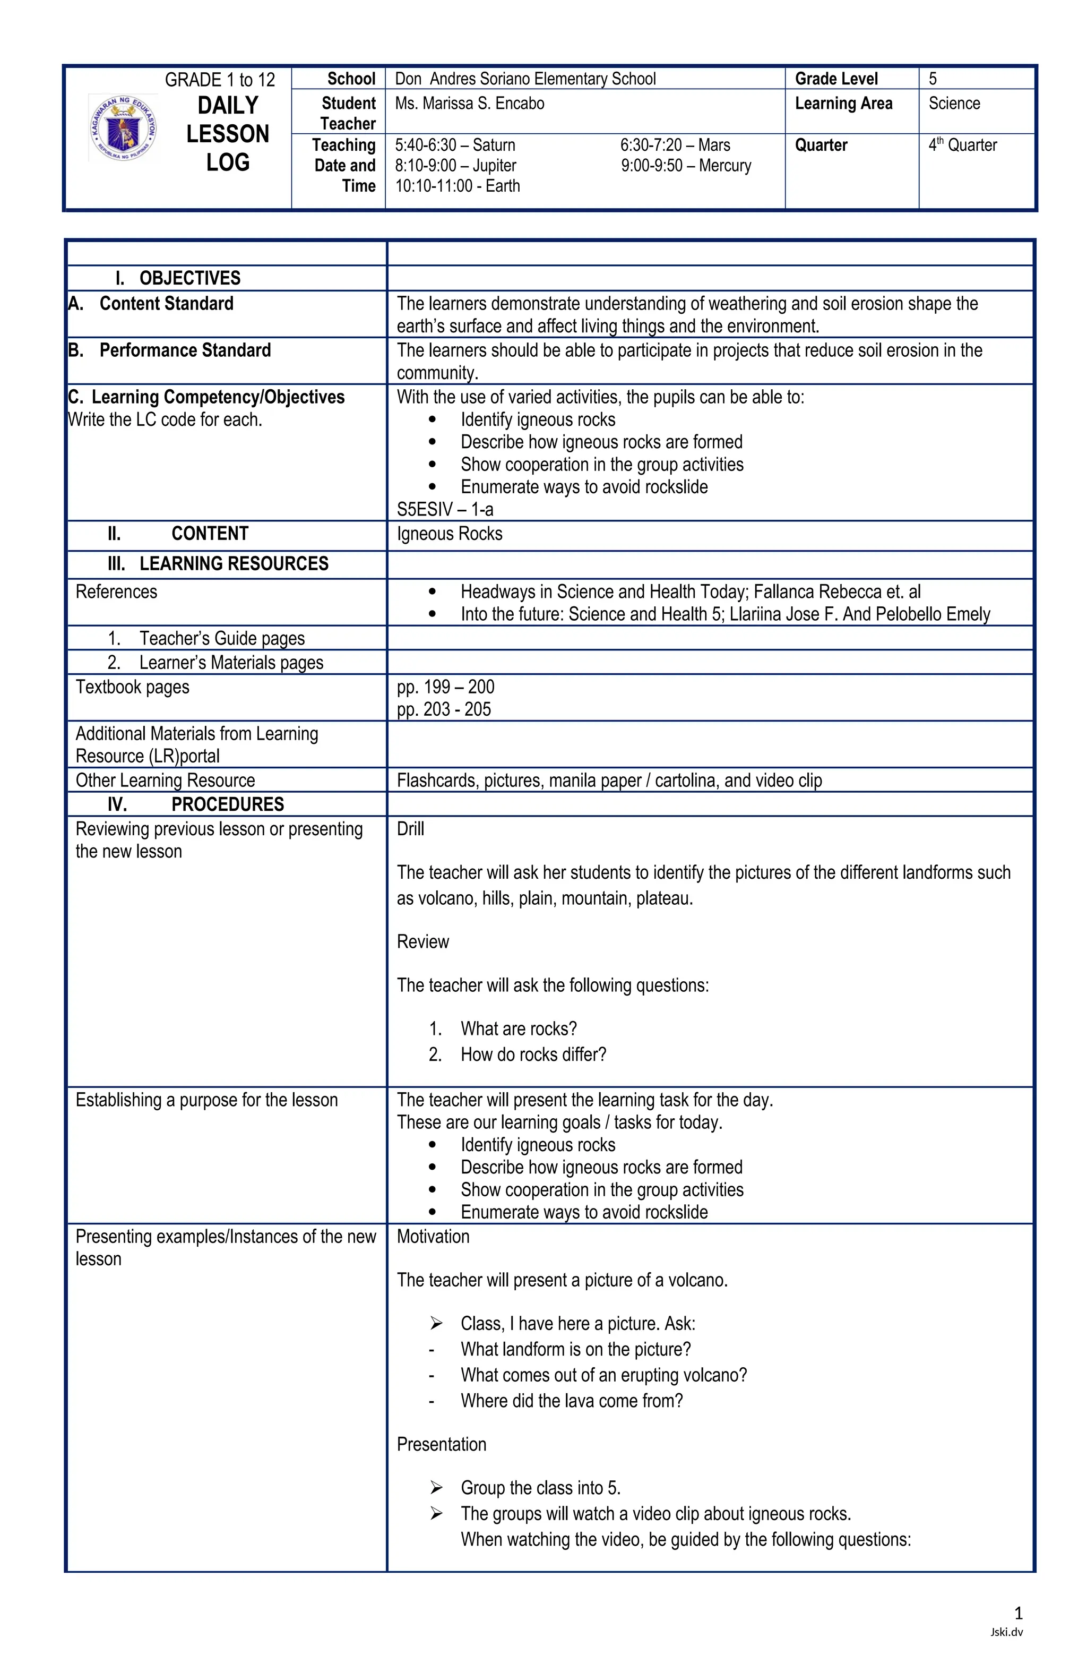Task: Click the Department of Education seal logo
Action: click(x=123, y=127)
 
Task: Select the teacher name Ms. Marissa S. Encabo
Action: click(x=469, y=104)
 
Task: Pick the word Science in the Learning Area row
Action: click(x=954, y=104)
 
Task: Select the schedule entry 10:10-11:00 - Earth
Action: click(x=457, y=186)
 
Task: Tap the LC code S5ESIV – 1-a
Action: click(x=444, y=509)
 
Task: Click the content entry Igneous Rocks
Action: click(x=449, y=534)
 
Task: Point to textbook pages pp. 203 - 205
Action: click(x=444, y=709)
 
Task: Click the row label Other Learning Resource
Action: click(x=165, y=780)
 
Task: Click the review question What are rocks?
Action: click(x=519, y=1028)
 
